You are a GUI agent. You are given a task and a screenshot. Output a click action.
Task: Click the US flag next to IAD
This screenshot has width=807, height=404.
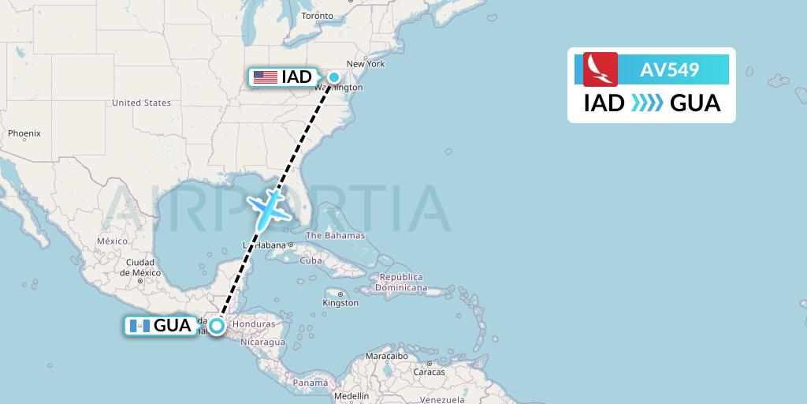pyautogui.click(x=265, y=77)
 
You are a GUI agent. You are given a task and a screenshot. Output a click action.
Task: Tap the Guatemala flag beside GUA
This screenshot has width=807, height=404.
pyautogui.click(x=139, y=326)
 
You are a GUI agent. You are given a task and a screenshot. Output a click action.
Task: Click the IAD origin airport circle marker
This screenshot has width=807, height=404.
pyautogui.click(x=334, y=77)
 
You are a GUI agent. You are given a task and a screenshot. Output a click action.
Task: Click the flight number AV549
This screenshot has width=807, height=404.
pyautogui.click(x=669, y=69)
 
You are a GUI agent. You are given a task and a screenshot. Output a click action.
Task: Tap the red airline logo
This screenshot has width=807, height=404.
pyautogui.click(x=601, y=69)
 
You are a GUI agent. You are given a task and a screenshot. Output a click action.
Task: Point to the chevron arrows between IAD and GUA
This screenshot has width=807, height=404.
pyautogui.click(x=647, y=103)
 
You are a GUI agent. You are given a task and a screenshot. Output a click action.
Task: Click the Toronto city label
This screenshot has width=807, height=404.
pyautogui.click(x=318, y=16)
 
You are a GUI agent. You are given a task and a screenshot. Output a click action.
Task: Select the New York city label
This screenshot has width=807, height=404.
pyautogui.click(x=366, y=64)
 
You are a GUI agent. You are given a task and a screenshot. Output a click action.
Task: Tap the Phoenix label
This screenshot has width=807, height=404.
pyautogui.click(x=24, y=133)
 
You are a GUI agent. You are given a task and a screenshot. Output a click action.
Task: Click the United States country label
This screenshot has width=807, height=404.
pyautogui.click(x=141, y=103)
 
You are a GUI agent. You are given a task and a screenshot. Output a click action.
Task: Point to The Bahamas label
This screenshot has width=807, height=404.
pyautogui.click(x=335, y=235)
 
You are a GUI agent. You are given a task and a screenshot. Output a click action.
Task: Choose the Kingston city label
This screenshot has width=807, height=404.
pyautogui.click(x=341, y=303)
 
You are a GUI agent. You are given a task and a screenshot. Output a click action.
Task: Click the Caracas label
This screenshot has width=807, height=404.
pyautogui.click(x=430, y=372)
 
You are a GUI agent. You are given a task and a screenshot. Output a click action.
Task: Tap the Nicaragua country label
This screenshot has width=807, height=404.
pyautogui.click(x=262, y=342)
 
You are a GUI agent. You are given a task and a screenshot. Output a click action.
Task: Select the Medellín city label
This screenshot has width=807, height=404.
pyautogui.click(x=351, y=396)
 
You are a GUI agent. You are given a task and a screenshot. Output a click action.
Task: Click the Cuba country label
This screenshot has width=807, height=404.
pyautogui.click(x=311, y=260)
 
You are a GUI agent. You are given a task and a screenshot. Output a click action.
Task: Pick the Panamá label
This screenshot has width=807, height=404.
pyautogui.click(x=310, y=383)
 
